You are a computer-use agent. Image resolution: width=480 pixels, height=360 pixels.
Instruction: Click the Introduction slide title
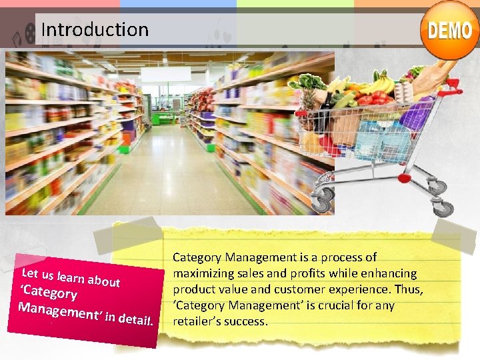(95, 29)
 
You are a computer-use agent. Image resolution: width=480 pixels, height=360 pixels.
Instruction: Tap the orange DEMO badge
(450, 31)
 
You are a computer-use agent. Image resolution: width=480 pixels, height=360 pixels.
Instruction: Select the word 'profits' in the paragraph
(309, 273)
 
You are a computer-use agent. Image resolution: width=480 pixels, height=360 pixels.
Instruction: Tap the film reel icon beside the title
(29, 31)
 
